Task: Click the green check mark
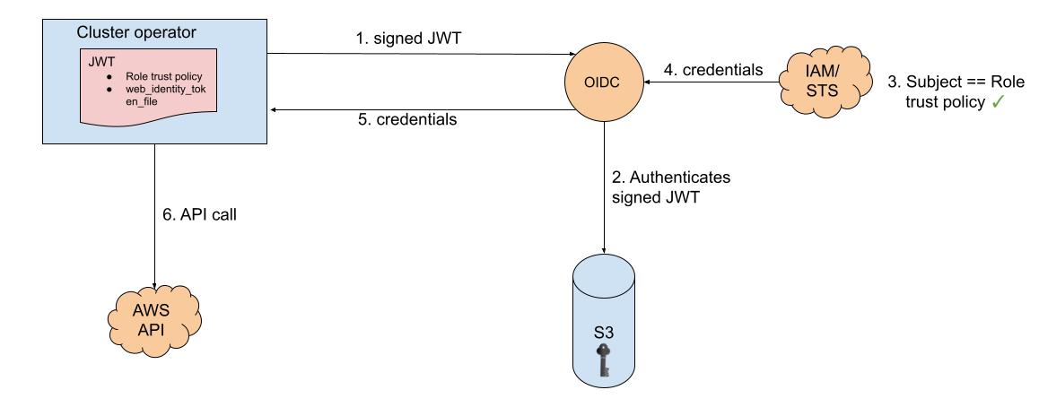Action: tap(996, 103)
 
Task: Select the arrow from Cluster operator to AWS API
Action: tap(155, 215)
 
